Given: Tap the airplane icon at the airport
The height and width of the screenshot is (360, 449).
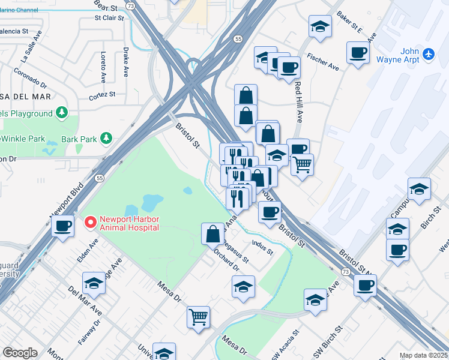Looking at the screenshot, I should tap(428, 54).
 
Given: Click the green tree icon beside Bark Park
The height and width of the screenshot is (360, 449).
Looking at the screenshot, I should tap(106, 139).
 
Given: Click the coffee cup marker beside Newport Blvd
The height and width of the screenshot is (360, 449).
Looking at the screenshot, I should tap(62, 226).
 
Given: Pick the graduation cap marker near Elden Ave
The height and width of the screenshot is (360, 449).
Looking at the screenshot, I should tap(94, 282).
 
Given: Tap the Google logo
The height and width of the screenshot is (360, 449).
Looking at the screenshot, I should tap(20, 353).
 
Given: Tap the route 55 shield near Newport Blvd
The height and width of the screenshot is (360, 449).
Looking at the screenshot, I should tap(100, 178).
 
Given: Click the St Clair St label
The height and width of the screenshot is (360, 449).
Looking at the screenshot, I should tap(109, 17).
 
